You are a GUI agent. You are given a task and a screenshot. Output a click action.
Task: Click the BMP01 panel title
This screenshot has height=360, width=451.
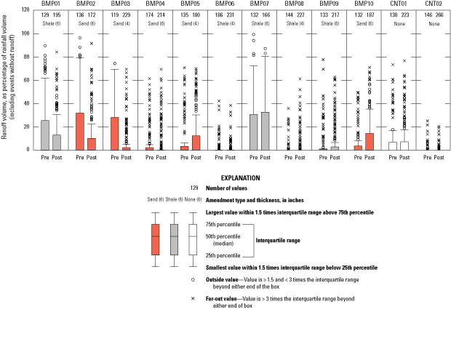(51, 4)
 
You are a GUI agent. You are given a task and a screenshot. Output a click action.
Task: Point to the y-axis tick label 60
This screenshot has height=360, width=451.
(26, 80)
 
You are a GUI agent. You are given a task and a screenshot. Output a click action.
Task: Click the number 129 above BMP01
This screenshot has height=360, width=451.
(44, 15)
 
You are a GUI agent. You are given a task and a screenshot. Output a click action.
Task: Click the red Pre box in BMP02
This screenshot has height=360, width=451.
(79, 132)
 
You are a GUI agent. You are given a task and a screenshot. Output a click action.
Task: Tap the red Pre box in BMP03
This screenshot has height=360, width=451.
(113, 134)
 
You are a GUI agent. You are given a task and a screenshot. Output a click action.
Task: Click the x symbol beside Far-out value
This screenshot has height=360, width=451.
(193, 298)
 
